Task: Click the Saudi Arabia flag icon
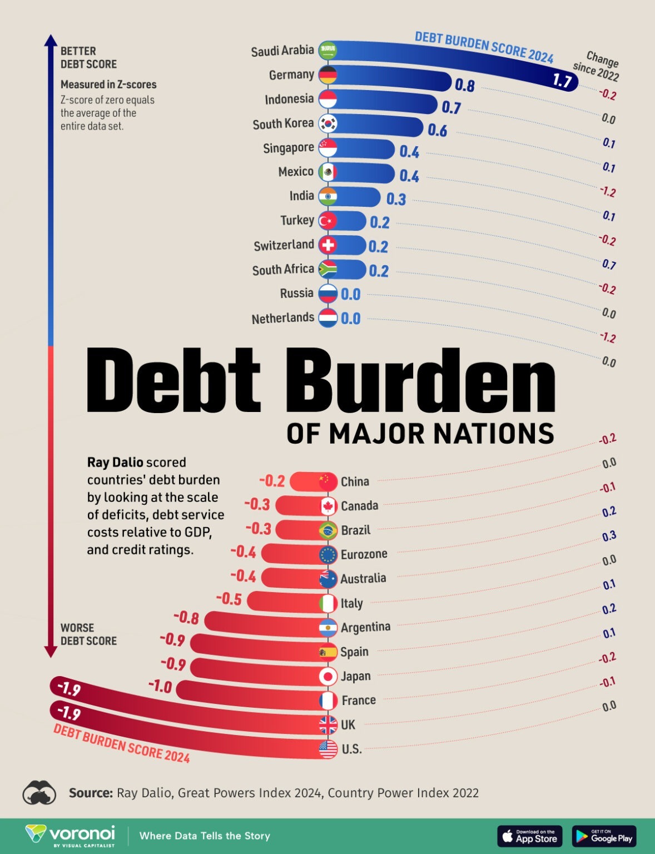(x=328, y=51)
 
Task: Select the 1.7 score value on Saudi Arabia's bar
(x=562, y=81)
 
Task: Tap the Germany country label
(x=291, y=75)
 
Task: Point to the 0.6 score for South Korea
(x=437, y=130)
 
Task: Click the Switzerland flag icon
(x=328, y=245)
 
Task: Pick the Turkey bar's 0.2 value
(x=379, y=222)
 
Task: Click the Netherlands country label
(x=282, y=318)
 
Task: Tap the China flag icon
(x=328, y=481)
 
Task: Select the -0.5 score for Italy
(x=229, y=599)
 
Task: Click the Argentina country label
(x=365, y=627)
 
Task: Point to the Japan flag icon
(x=328, y=676)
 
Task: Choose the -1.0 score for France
(x=160, y=687)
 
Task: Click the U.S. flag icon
(x=328, y=749)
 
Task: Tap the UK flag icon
(x=328, y=724)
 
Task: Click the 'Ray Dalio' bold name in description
(x=115, y=463)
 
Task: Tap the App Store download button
(x=529, y=836)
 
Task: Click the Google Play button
(x=604, y=836)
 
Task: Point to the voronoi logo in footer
(x=71, y=835)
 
